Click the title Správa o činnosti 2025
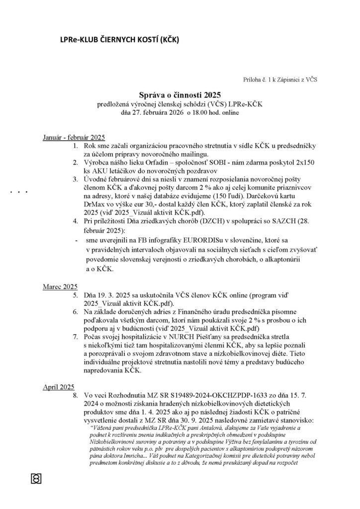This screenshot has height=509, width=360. point(180,94)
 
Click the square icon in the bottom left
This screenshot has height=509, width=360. point(36,478)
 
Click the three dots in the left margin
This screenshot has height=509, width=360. point(18,191)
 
